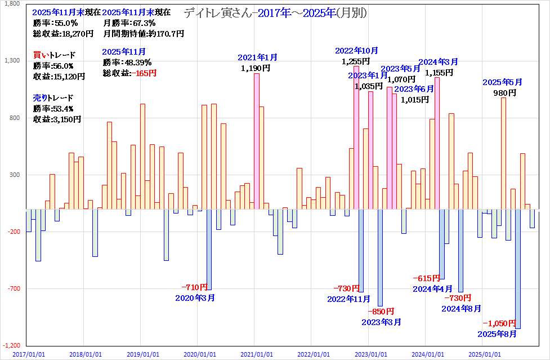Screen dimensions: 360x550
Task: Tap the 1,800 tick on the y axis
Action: point(11,4)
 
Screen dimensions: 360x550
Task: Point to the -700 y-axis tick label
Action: point(12,288)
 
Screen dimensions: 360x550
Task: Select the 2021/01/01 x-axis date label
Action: point(257,354)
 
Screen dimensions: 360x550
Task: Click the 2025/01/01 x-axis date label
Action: point(485,354)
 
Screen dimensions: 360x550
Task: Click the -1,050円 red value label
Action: point(499,323)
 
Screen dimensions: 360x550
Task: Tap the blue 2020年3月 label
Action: point(195,297)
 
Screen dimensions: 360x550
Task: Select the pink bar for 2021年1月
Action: point(256,141)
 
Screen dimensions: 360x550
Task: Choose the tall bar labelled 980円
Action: point(503,153)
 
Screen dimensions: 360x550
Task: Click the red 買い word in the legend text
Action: point(41,55)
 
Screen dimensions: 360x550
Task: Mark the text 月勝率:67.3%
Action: point(129,23)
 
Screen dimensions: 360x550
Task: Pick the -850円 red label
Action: point(381,312)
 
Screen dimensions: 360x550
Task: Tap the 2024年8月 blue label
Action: point(462,308)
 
